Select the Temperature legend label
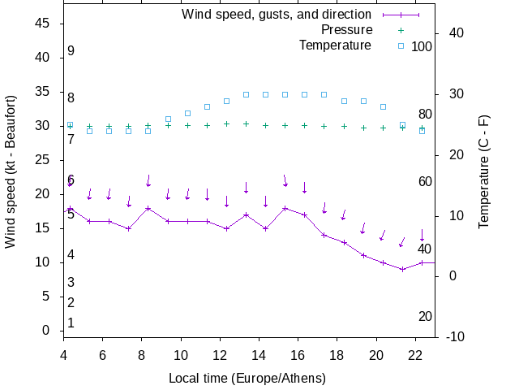pyautogui.click(x=335, y=45)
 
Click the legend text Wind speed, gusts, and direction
pyautogui.click(x=277, y=15)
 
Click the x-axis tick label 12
pyautogui.click(x=220, y=355)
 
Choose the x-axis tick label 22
pyautogui.click(x=415, y=355)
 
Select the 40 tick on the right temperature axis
pyautogui.click(x=452, y=33)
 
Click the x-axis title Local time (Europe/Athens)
pyautogui.click(x=247, y=379)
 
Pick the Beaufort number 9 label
pyautogui.click(x=71, y=51)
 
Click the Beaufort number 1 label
pyautogui.click(x=71, y=323)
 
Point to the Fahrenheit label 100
pyautogui.click(x=422, y=46)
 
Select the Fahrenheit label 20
pyautogui.click(x=425, y=316)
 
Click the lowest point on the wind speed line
pyautogui.click(x=402, y=269)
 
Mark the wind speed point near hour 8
pyautogui.click(x=148, y=208)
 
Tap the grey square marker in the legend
pyautogui.click(x=400, y=45)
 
